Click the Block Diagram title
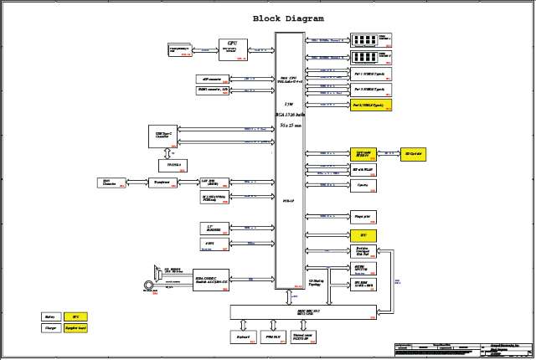click(288, 18)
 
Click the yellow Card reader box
click(364, 155)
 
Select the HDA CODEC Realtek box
click(211, 280)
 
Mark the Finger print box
click(364, 216)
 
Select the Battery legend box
click(51, 316)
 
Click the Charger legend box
click(51, 329)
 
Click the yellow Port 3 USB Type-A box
click(368, 105)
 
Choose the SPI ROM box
click(364, 284)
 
